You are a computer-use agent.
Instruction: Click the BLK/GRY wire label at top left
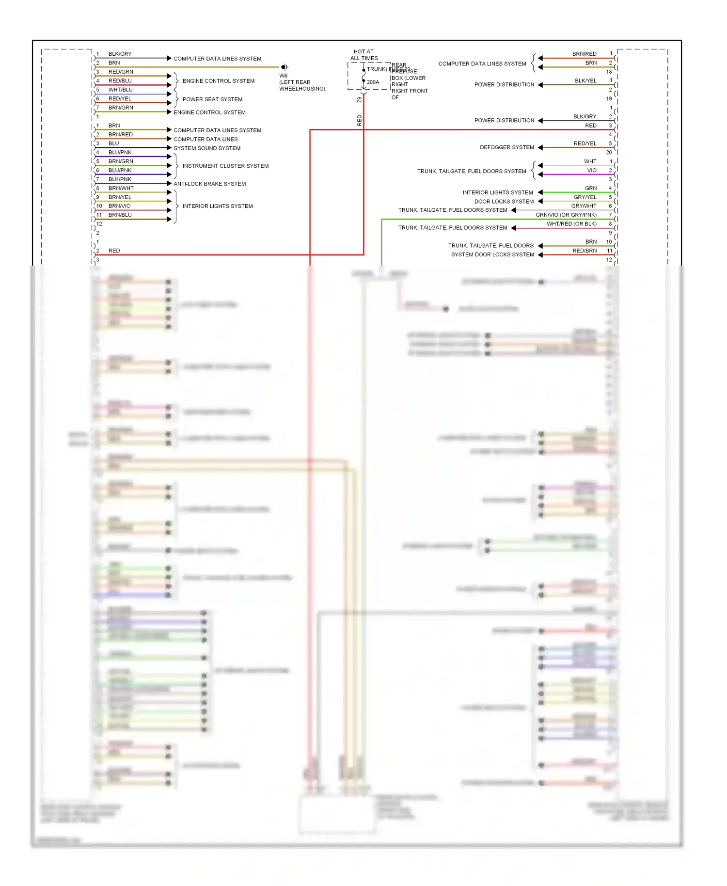[x=120, y=54]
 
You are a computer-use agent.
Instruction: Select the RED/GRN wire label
[x=121, y=72]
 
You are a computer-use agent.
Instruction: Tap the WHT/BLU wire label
[x=120, y=90]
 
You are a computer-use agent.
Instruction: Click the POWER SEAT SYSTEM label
[x=212, y=99]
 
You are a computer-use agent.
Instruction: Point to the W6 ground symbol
[x=284, y=67]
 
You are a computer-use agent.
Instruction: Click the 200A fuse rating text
[x=373, y=82]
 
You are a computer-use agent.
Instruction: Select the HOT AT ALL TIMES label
[x=364, y=55]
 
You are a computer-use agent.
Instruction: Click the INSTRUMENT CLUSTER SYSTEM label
[x=225, y=166]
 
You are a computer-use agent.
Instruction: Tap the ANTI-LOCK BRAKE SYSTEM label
[x=209, y=184]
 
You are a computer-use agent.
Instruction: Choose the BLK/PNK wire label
[x=120, y=179]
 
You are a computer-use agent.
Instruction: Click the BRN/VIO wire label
[x=119, y=206]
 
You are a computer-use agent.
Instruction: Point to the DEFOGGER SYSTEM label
[x=507, y=147]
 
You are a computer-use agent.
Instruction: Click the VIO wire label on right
[x=592, y=171]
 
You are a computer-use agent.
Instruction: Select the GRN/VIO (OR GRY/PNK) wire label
[x=566, y=215]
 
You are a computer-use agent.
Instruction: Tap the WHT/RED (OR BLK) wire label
[x=571, y=224]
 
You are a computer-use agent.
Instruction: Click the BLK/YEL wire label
[x=585, y=81]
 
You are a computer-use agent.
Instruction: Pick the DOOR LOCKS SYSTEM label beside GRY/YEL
[x=504, y=202]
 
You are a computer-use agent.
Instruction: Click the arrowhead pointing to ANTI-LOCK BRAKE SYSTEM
[x=169, y=184]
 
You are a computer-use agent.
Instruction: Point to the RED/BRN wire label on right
[x=585, y=251]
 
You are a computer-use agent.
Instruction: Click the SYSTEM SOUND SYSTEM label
[x=207, y=148]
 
